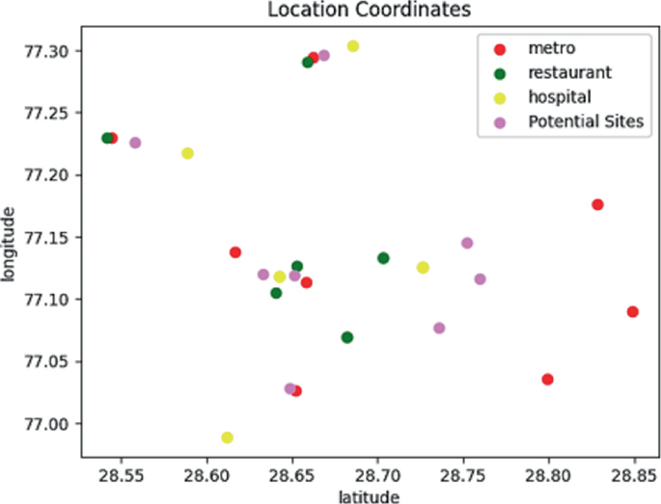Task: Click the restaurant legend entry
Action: point(569,72)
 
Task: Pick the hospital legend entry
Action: point(559,96)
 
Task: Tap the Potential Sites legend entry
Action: point(586,121)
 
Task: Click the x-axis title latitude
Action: point(368,495)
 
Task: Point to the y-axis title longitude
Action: point(11,242)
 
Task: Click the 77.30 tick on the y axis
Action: point(46,51)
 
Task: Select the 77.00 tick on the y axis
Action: point(46,424)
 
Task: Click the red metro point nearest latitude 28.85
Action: point(632,311)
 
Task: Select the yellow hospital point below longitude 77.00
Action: point(227,438)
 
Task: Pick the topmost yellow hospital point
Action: point(353,46)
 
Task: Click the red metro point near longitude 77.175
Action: point(597,204)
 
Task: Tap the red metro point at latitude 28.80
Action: point(547,379)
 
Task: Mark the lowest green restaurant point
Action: point(347,337)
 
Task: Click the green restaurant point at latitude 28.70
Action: point(383,257)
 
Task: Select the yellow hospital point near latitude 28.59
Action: point(187,153)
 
